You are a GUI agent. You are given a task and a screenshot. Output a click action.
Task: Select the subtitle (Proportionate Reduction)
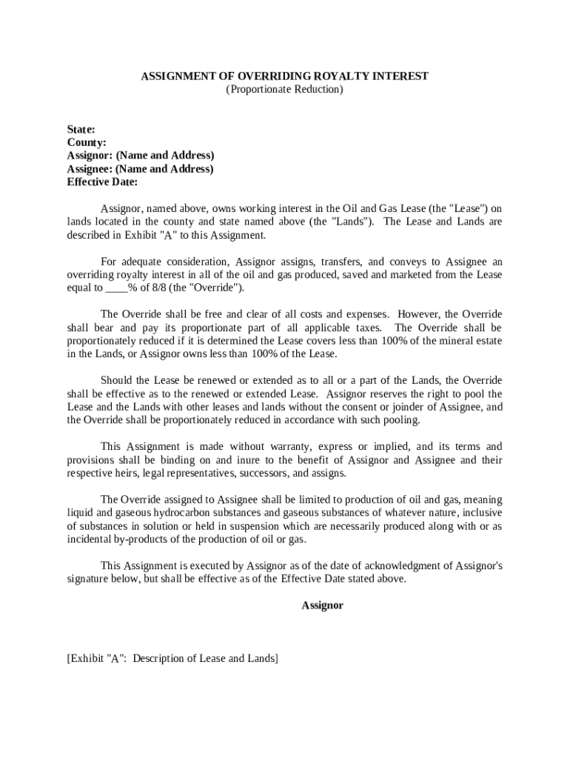285,89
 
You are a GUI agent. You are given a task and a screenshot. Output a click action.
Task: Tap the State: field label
81,129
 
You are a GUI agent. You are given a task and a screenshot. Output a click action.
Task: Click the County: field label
87,142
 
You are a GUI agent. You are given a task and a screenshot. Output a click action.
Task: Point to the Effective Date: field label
102,182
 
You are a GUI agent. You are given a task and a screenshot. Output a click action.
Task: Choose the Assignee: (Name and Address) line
140,168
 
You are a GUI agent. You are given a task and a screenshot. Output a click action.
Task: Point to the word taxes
367,328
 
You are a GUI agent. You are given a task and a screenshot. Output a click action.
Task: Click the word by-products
141,540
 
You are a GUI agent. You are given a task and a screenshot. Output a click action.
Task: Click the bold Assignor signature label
322,606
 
